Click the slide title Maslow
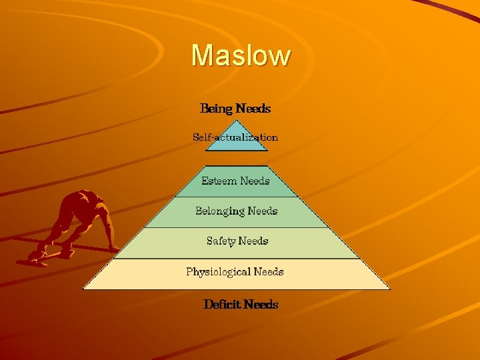(241, 55)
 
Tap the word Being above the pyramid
(216, 108)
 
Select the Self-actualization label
(235, 137)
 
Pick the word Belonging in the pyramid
(220, 211)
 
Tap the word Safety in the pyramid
(221, 241)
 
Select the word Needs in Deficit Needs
(261, 305)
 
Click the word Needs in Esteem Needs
(255, 181)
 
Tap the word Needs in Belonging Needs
(263, 211)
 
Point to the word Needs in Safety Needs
(253, 241)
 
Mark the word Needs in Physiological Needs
(269, 272)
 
